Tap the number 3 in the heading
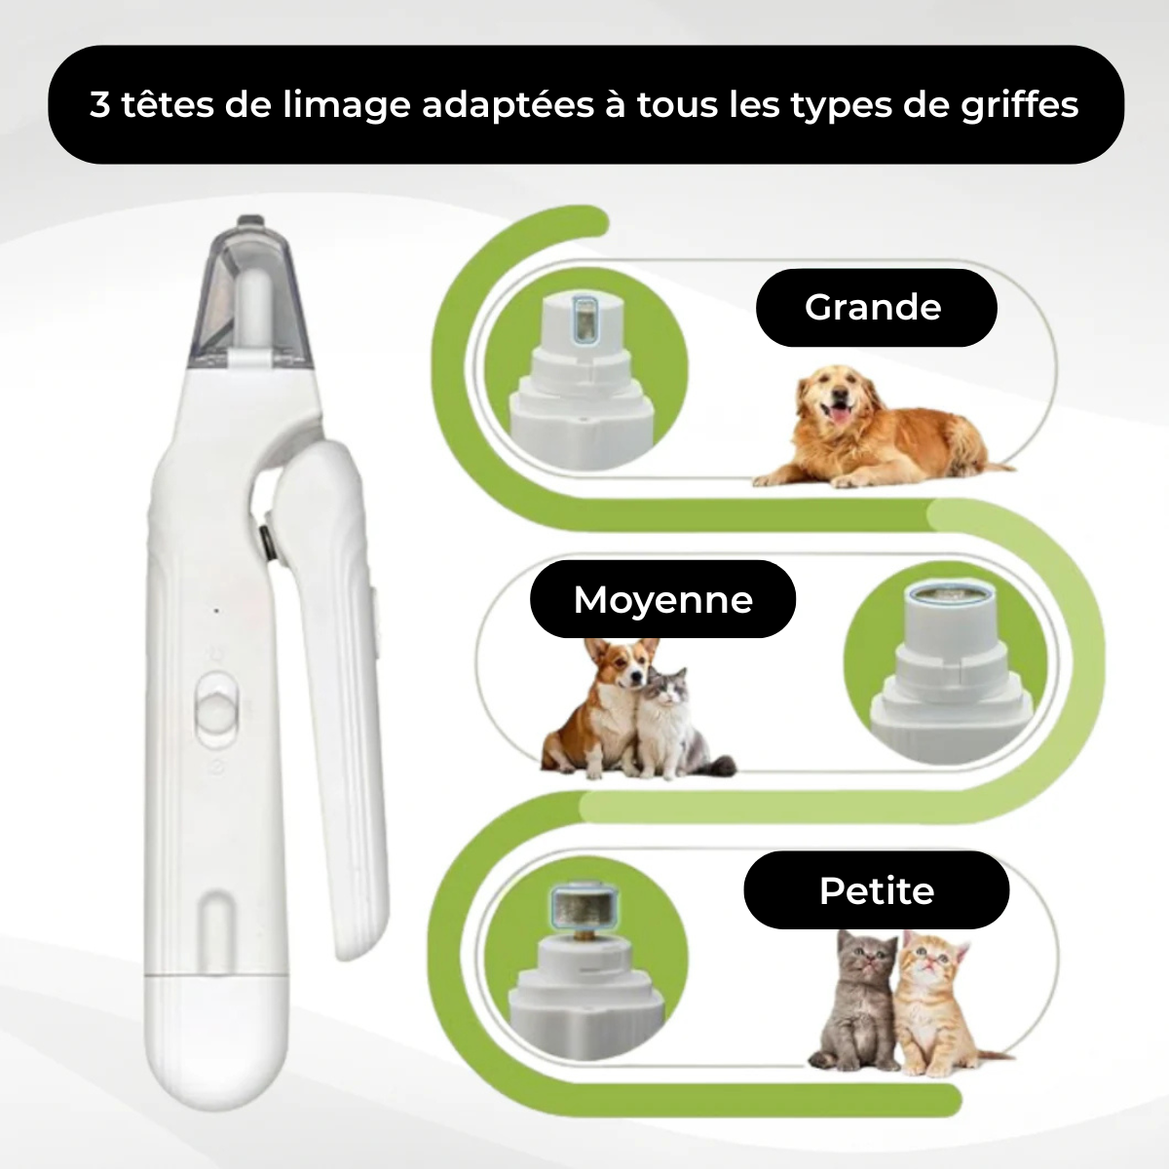(x=100, y=104)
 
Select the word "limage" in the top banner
(x=345, y=105)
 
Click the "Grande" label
(x=874, y=308)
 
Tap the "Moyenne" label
(x=662, y=599)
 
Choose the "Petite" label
(x=876, y=889)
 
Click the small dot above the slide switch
(x=216, y=612)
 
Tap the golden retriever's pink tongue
(x=835, y=416)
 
